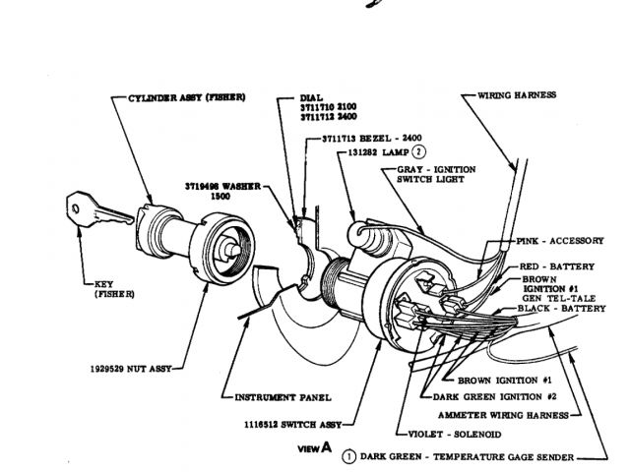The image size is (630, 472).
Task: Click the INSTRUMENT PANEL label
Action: (x=281, y=397)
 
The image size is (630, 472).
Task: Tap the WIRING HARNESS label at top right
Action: (x=517, y=95)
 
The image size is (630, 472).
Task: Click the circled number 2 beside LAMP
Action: (x=418, y=151)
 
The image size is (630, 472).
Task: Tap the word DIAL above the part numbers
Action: (x=310, y=98)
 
